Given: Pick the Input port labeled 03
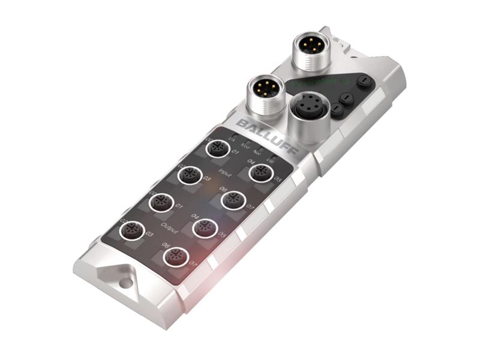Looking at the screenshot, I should (190, 175).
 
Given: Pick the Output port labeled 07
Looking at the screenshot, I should (176, 257).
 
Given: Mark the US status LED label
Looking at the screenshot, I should (270, 160).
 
